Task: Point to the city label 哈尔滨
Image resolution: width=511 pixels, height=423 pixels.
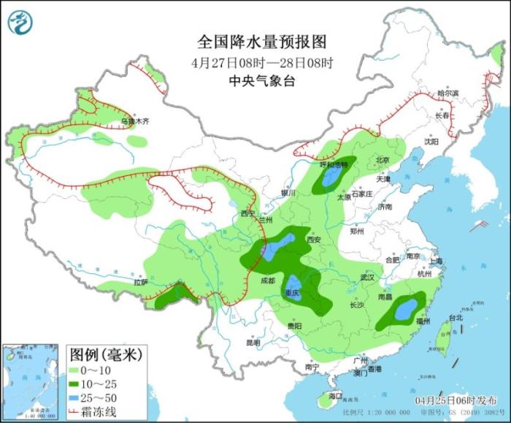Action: pyautogui.click(x=447, y=94)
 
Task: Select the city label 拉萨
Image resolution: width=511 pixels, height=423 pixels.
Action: pyautogui.click(x=140, y=281)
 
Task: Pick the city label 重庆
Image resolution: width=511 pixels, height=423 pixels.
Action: pyautogui.click(x=293, y=292)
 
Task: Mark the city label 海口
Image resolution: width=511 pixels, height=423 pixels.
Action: pyautogui.click(x=335, y=395)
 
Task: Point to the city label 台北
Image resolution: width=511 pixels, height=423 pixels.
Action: pyautogui.click(x=455, y=318)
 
